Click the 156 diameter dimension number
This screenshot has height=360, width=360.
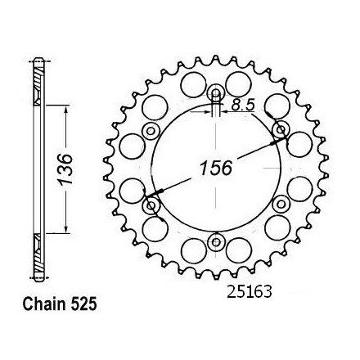(216, 168)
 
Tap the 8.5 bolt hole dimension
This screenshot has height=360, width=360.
(243, 105)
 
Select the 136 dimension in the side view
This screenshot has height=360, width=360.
(65, 169)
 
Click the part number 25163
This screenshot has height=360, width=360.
(250, 292)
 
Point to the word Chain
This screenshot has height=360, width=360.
(45, 304)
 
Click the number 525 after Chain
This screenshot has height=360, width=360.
(83, 304)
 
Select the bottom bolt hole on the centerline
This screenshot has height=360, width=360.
(216, 242)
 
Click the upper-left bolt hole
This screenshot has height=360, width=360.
(151, 131)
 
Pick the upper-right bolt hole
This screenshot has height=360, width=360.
(281, 130)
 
